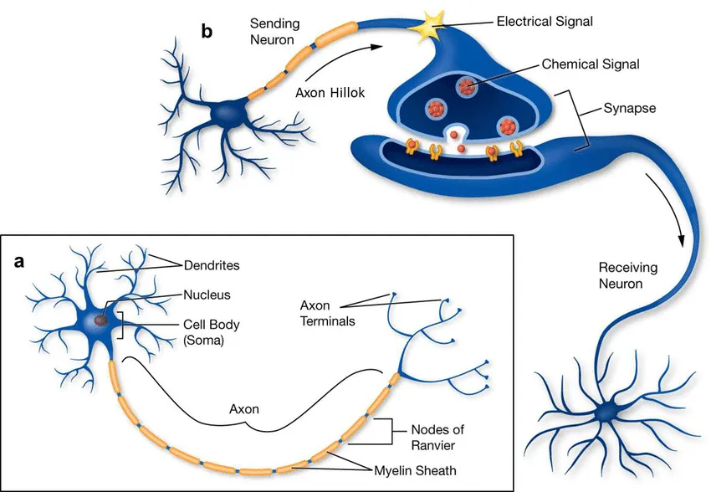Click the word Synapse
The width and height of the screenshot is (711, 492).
click(630, 109)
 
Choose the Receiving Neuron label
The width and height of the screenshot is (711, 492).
click(628, 276)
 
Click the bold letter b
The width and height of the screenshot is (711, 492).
click(207, 33)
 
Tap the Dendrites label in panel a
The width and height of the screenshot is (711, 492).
click(212, 265)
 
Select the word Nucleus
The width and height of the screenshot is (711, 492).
click(207, 295)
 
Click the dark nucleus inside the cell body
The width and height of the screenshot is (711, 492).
click(100, 318)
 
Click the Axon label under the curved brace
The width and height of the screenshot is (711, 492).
click(244, 410)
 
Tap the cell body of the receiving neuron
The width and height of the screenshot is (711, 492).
click(606, 413)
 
